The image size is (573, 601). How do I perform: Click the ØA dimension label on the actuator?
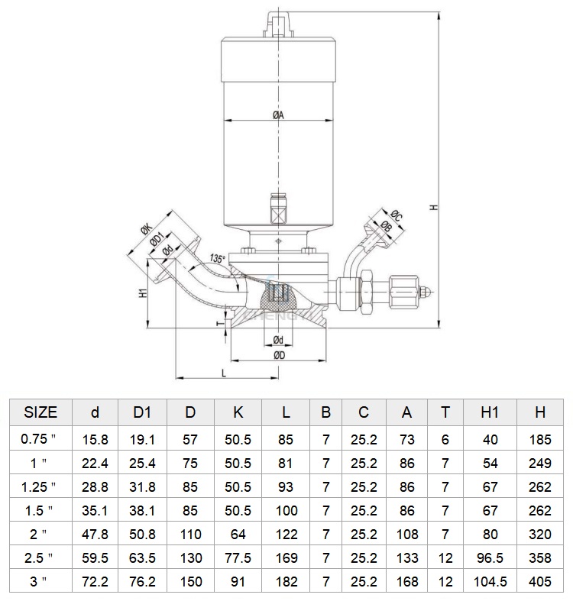278,115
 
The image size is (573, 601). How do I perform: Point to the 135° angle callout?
218,259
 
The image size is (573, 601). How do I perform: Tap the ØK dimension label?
147,230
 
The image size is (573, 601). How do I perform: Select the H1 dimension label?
143,293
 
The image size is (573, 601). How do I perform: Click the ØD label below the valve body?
280,355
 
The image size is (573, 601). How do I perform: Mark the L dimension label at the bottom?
225,373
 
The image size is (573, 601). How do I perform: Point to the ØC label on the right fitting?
397,216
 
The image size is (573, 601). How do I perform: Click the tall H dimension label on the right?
434,208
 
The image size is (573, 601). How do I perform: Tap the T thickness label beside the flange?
220,324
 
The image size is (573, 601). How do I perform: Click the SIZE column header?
40,412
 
